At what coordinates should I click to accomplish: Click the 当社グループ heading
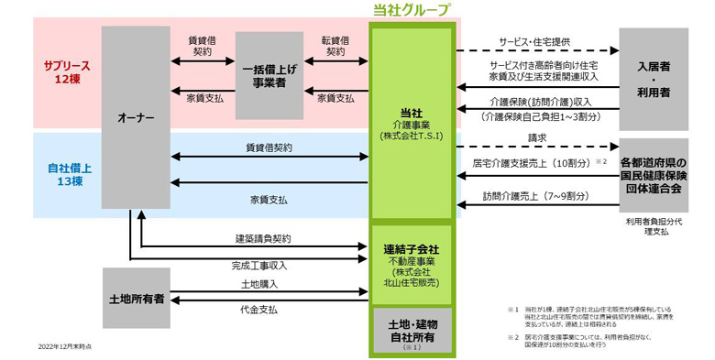[x=412, y=10]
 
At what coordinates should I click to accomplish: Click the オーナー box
[x=136, y=117]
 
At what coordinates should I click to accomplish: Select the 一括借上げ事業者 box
[x=269, y=76]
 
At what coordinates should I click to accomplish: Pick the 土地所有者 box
[x=136, y=299]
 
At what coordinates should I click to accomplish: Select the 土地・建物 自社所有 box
[x=412, y=331]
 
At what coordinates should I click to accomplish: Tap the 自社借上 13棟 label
[x=66, y=174]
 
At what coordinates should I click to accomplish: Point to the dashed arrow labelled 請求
[x=536, y=147]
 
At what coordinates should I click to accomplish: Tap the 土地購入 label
[x=259, y=285]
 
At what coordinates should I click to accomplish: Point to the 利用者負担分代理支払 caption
[x=653, y=226]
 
